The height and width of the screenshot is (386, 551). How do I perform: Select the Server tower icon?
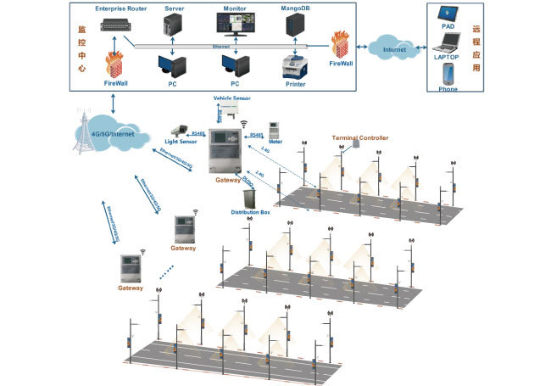[x=174, y=26]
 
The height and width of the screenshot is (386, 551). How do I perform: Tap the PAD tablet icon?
[x=449, y=16]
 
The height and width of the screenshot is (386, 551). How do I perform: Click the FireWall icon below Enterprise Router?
[x=116, y=64]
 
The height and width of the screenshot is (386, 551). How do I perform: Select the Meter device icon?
[x=275, y=131]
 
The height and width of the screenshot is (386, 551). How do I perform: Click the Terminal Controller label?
[x=361, y=137]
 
